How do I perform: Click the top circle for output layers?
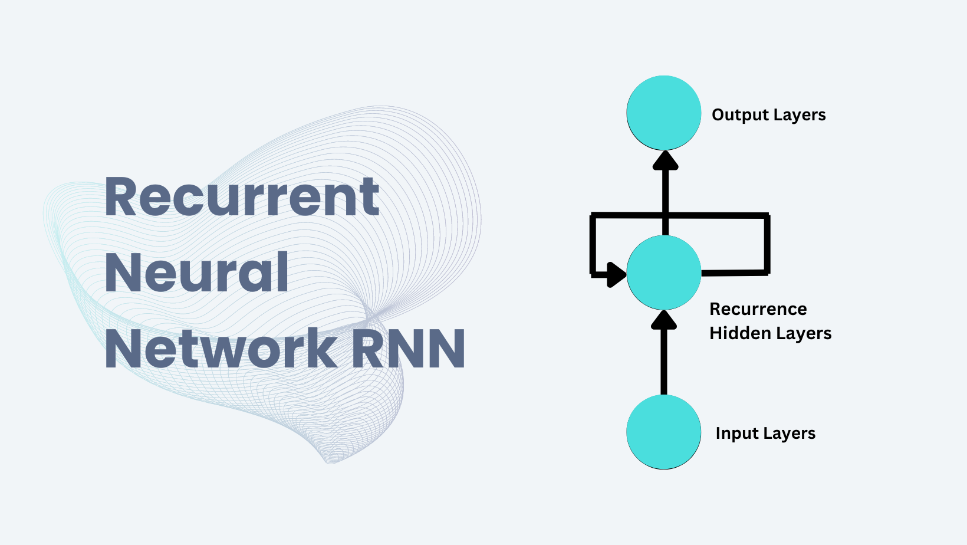click(x=664, y=113)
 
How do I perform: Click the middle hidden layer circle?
click(x=664, y=272)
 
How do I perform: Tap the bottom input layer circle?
click(x=664, y=432)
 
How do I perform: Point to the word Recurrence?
click(x=758, y=309)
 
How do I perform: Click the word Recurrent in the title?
click(x=242, y=197)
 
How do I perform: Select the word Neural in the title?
click(x=196, y=272)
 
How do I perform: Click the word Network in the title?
click(x=221, y=349)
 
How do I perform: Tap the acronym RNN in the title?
click(x=409, y=349)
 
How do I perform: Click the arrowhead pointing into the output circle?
click(x=665, y=160)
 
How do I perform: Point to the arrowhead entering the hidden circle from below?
click(x=664, y=320)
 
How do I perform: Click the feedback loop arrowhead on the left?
click(x=617, y=274)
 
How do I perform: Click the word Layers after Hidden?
click(x=802, y=333)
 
